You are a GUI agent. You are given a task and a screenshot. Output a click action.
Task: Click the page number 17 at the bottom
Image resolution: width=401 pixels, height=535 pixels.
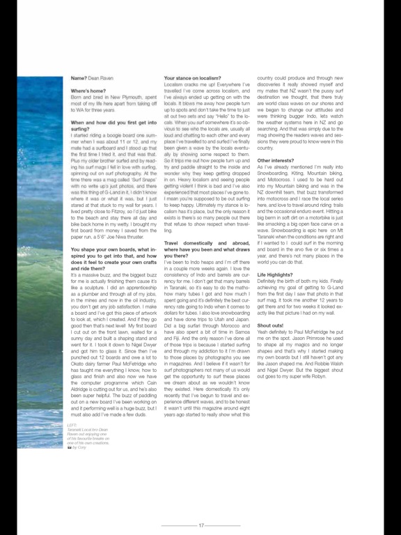pyautogui.click(x=200, y=525)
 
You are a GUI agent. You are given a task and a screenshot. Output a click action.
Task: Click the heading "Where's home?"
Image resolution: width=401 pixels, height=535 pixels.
pyautogui.click(x=88, y=91)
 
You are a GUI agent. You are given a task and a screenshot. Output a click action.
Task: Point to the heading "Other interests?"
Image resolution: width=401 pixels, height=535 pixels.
pyautogui.click(x=276, y=160)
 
